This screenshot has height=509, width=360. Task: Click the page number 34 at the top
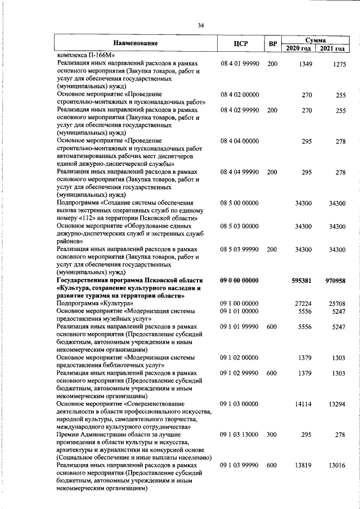pyautogui.click(x=200, y=25)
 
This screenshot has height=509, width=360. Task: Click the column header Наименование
pyautogui.click(x=135, y=43)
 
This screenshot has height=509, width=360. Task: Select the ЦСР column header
pyautogui.click(x=240, y=43)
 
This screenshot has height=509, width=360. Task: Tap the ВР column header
pyautogui.click(x=272, y=43)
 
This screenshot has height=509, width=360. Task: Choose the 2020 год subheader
pyautogui.click(x=299, y=49)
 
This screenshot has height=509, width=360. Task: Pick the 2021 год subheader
pyautogui.click(x=332, y=49)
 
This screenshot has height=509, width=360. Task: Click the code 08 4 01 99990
pyautogui.click(x=240, y=64)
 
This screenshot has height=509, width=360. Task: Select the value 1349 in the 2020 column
pyautogui.click(x=304, y=64)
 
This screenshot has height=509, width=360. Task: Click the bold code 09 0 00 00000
pyautogui.click(x=240, y=280)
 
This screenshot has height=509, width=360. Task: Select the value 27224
pyautogui.click(x=303, y=303)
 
